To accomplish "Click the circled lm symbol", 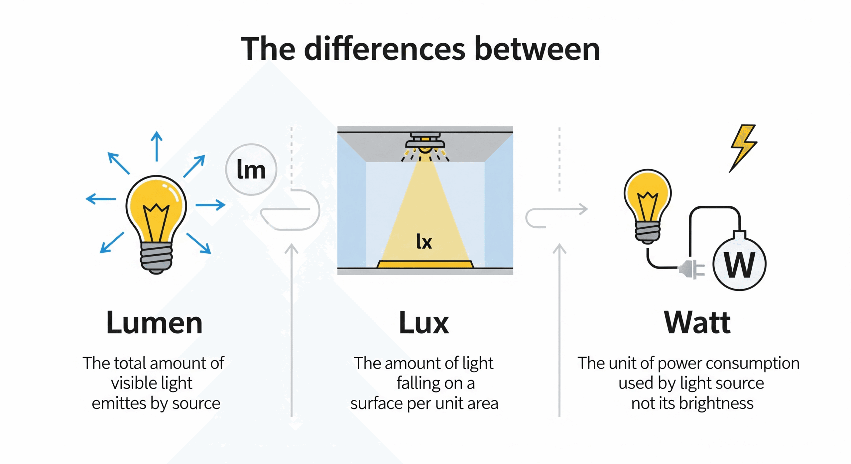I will tap(251, 170).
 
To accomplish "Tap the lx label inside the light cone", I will tap(424, 241).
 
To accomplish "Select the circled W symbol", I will tap(739, 265).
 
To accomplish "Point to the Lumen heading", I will tap(154, 323).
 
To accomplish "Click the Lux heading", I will tap(424, 323).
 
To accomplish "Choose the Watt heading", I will tap(697, 322).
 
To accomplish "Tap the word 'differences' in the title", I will tap(385, 49).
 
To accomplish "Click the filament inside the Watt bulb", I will tap(647, 206).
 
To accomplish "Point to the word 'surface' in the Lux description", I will tap(377, 404).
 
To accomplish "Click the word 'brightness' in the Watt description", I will tap(716, 404).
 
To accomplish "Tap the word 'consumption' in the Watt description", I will tap(753, 363).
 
